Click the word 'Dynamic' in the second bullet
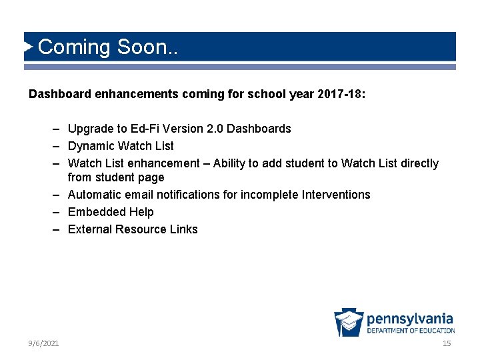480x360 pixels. pos(91,145)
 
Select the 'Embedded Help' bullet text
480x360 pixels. pos(111,212)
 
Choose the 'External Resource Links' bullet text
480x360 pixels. pos(133,229)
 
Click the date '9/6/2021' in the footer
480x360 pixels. pos(43,343)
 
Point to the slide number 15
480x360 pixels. pos(447,343)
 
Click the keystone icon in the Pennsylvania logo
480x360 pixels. pos(349,323)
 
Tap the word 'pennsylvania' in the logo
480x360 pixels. pos(410,319)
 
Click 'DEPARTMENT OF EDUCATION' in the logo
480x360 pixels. pos(410,331)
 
